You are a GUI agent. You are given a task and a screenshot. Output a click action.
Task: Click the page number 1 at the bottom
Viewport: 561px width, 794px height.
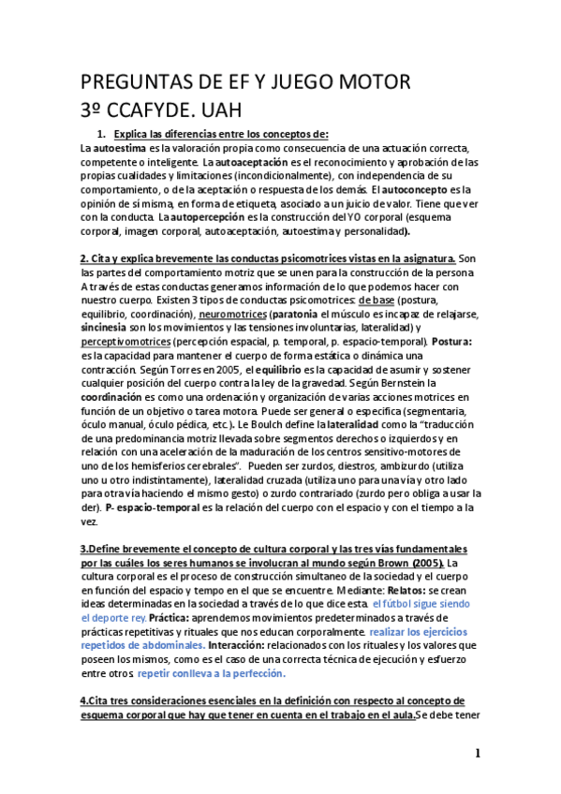(478, 754)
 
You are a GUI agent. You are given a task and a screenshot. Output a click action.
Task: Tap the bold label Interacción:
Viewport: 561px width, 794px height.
(241, 645)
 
